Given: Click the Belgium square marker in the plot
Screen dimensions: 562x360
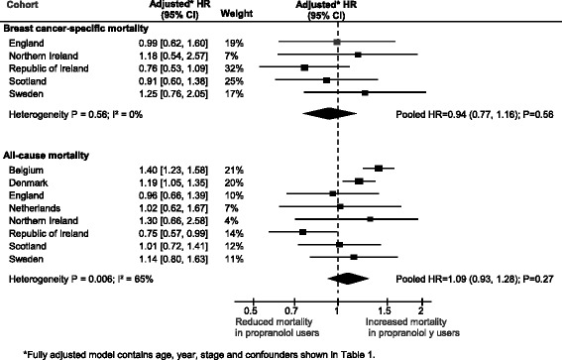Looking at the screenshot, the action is [379, 169].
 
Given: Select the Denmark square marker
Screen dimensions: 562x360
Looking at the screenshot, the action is [359, 181].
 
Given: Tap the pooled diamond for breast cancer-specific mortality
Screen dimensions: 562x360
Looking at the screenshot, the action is [329, 114].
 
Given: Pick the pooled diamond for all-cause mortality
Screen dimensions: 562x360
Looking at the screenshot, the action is [348, 279].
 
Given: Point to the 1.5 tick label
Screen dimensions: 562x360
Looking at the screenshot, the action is [386, 310].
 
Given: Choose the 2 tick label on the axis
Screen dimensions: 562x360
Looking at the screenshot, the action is [421, 310].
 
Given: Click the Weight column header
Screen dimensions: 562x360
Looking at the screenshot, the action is [237, 14].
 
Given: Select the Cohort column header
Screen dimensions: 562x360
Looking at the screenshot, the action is [23, 5].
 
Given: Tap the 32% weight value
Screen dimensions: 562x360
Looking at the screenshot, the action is [234, 68].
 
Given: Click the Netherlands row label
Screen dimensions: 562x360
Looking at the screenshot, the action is [35, 208].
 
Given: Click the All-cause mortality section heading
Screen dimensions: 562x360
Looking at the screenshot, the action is [47, 156].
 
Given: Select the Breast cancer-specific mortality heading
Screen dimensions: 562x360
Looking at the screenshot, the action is [75, 29].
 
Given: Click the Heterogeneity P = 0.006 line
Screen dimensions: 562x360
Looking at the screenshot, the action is [81, 279].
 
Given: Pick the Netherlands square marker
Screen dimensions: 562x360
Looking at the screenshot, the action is [340, 206].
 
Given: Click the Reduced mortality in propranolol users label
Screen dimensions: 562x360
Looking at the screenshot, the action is [277, 327].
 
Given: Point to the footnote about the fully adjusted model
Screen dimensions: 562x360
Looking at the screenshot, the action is [199, 355].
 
